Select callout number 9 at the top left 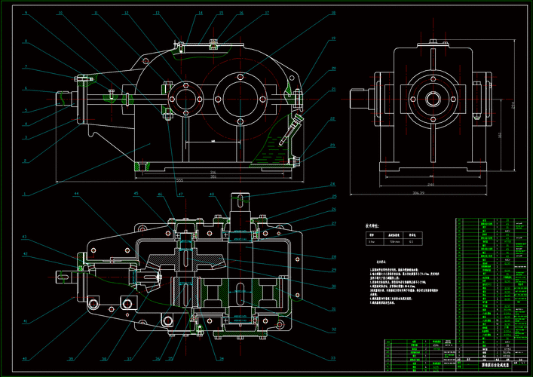pyautogui.click(x=26, y=14)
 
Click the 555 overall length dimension pyautogui.click(x=179, y=180)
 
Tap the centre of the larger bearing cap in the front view pyautogui.click(x=240, y=97)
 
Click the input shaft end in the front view pyautogui.click(x=65, y=98)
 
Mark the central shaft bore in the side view pyautogui.click(x=433, y=98)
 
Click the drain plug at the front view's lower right pyautogui.click(x=300, y=161)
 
